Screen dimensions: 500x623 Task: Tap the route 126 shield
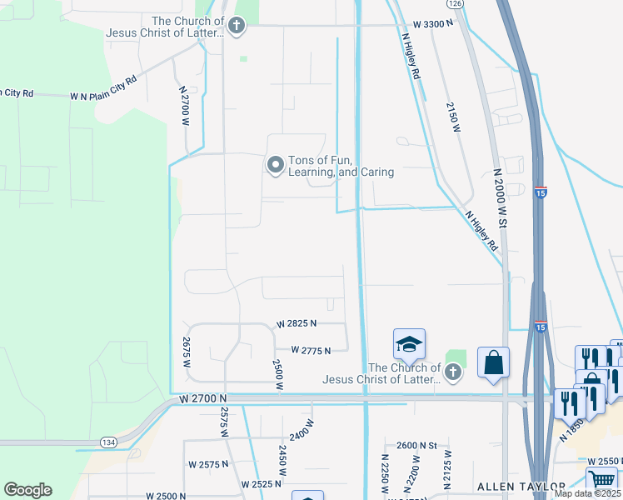point(454,3)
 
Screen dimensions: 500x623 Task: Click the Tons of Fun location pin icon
point(275,166)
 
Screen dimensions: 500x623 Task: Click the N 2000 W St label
point(501,198)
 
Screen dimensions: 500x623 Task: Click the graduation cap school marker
point(409,343)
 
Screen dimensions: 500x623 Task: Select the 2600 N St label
point(416,445)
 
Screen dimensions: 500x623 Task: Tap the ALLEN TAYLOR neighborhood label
point(521,486)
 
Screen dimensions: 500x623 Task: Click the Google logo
point(27,490)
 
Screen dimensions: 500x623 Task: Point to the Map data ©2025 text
point(587,493)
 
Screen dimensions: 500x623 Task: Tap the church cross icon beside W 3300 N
point(237,26)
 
